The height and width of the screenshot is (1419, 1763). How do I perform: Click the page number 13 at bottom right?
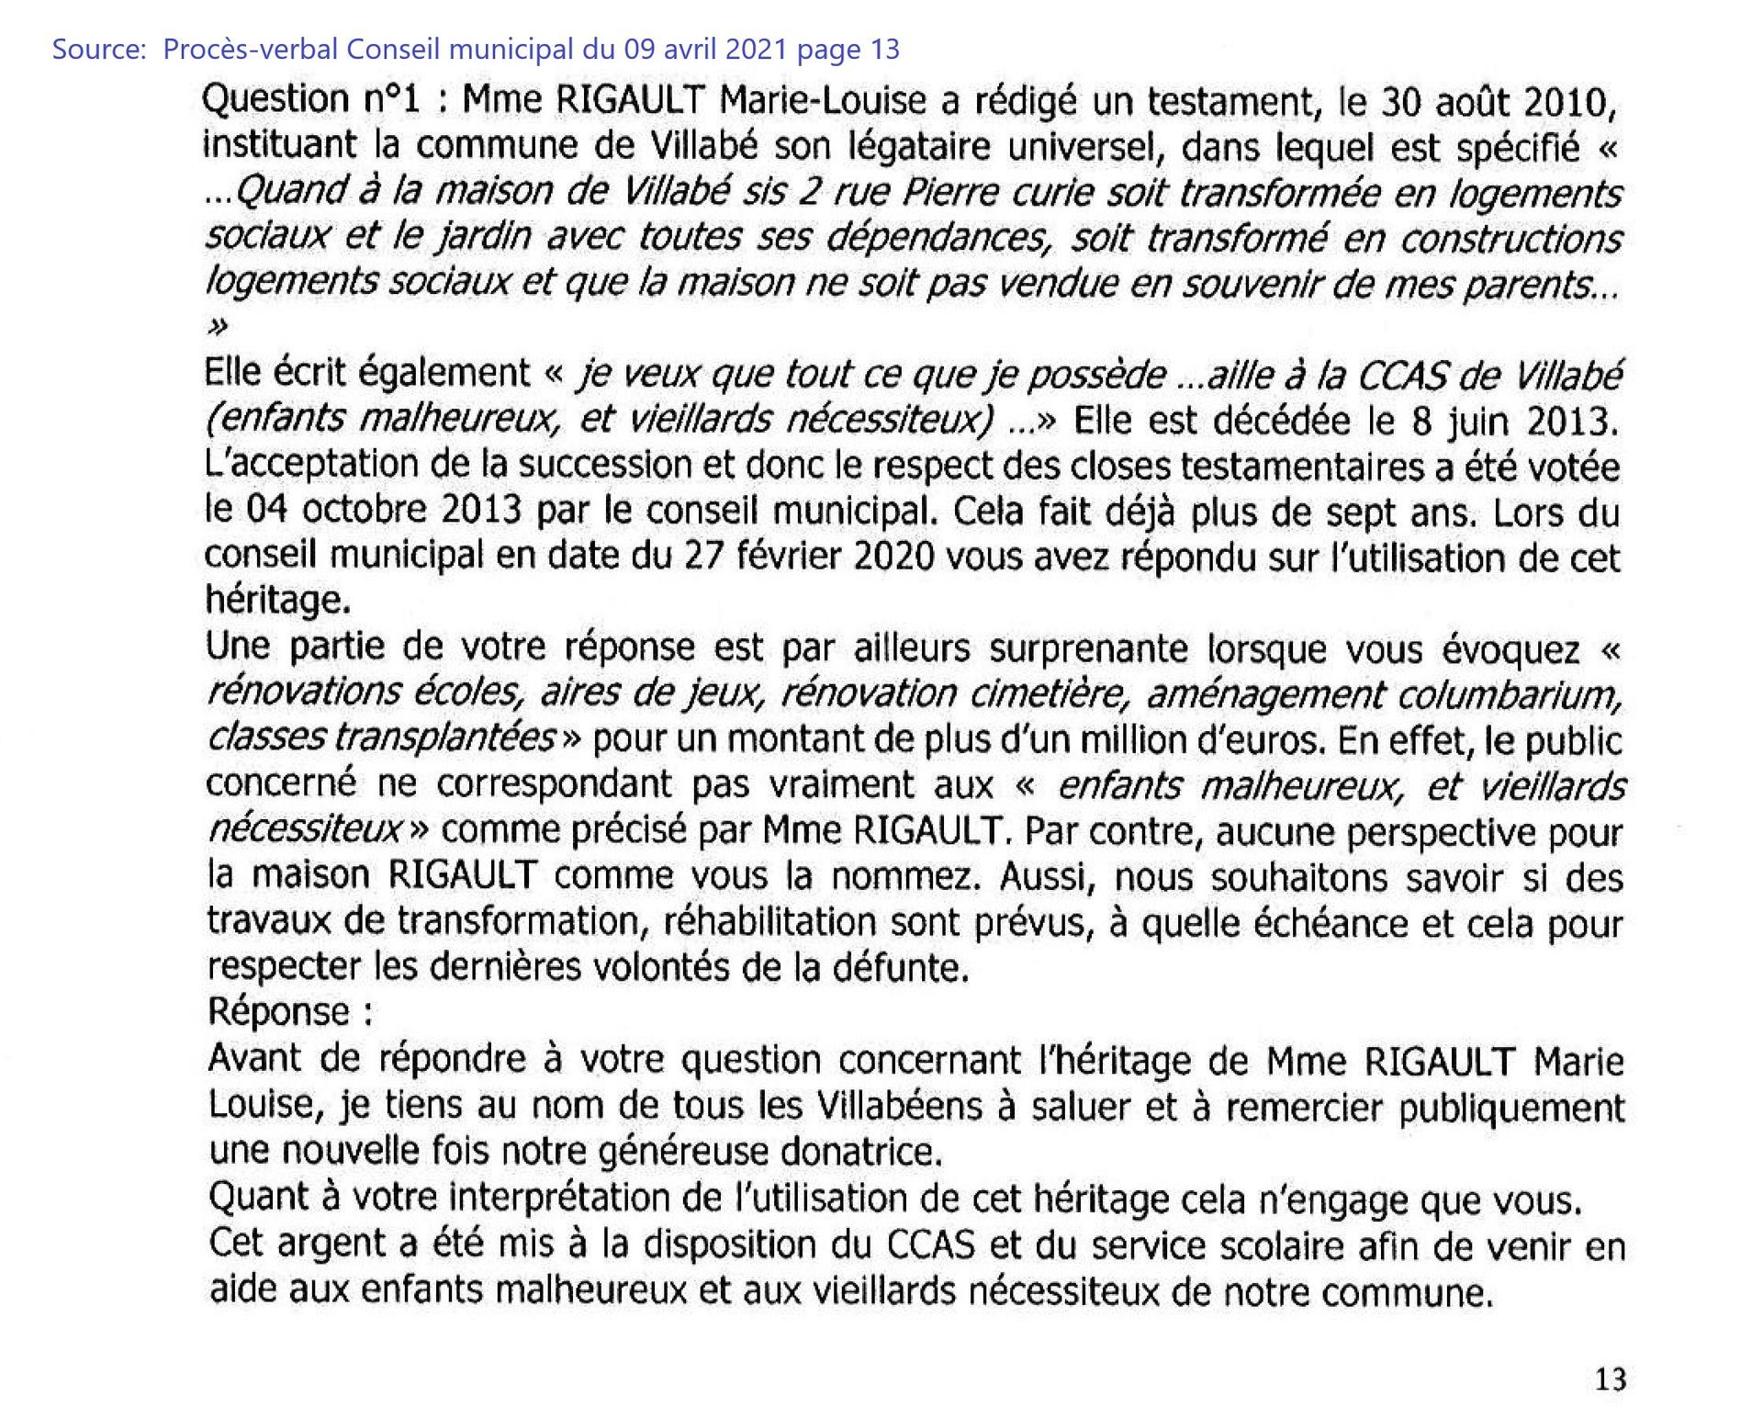click(1611, 1380)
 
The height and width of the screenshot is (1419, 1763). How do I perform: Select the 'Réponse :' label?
click(290, 1011)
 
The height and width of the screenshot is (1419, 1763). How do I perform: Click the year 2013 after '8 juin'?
click(1570, 422)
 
